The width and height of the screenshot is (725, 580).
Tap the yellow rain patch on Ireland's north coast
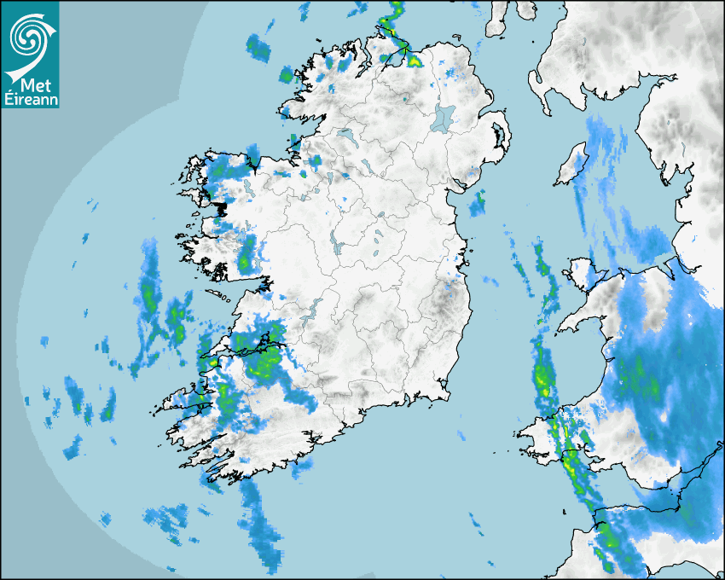tap(415, 61)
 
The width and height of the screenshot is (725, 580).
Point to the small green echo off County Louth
tap(478, 205)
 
